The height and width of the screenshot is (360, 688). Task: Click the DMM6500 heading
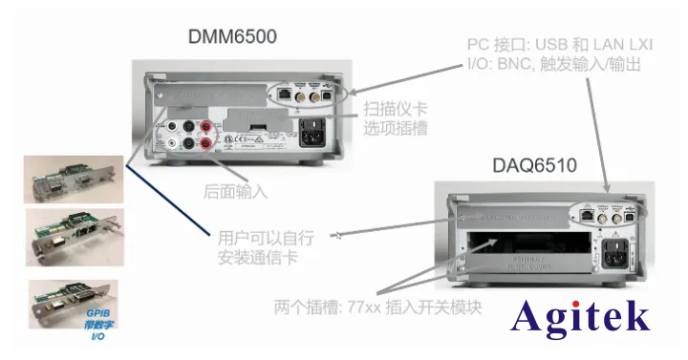pyautogui.click(x=232, y=37)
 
